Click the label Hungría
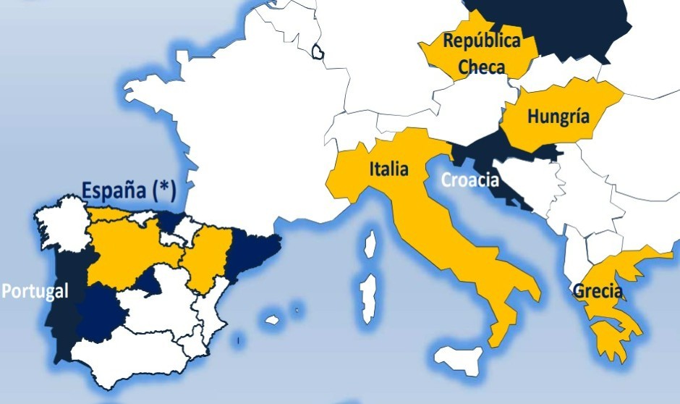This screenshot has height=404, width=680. coord(558,116)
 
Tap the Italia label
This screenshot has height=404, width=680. coord(388,170)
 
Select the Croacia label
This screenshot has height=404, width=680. coord(470,180)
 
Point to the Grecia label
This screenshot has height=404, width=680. coord(598,291)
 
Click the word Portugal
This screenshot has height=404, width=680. coord(35,291)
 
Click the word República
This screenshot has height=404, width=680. coord(481,41)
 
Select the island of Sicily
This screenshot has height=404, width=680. coord(463,358)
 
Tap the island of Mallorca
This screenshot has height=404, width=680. coord(273,319)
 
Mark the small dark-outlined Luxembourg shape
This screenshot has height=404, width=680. coord(318,51)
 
